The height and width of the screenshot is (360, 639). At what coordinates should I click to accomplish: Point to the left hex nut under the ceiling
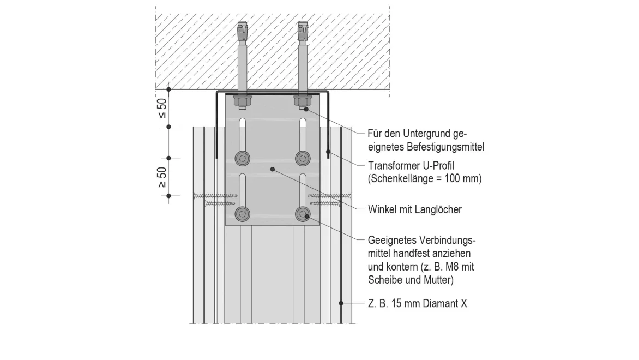[241, 101]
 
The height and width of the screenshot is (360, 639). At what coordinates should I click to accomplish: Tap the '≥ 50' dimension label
[162, 177]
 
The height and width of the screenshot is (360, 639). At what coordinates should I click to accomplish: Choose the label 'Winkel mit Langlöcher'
[414, 209]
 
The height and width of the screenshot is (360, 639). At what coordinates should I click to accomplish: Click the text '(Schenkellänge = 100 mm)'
[425, 179]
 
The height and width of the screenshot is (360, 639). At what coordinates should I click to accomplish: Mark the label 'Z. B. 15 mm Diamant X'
[417, 304]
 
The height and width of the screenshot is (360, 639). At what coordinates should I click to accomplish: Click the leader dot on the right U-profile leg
[328, 151]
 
